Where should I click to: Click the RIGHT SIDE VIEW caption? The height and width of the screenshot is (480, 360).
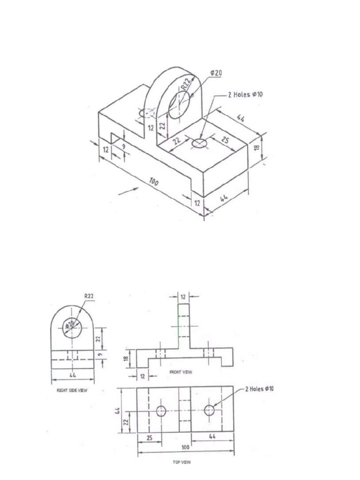72,390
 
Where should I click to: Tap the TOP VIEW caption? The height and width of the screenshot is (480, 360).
181,462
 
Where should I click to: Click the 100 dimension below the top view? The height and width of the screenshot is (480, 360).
185,448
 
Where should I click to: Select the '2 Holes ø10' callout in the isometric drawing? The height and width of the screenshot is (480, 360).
245,94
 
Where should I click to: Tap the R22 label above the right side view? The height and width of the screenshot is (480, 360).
89,296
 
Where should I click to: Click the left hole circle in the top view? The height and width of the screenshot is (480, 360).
161,411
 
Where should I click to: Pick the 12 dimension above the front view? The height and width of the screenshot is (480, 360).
184,296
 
